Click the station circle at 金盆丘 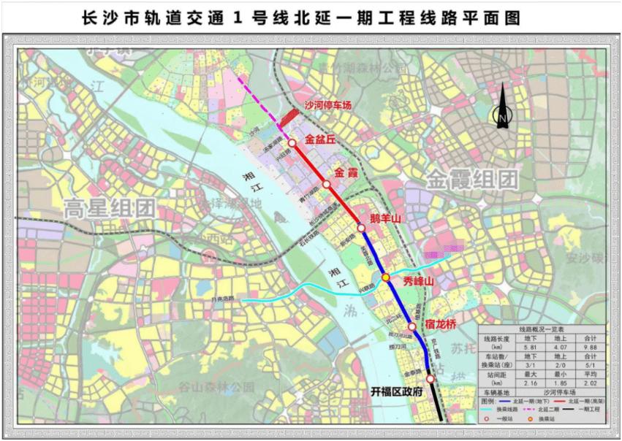pos(292,142)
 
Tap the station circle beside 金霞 pos(326,184)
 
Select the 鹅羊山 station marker pos(361,229)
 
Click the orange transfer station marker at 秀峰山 pos(385,277)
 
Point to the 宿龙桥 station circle pos(411,326)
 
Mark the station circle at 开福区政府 pos(431,378)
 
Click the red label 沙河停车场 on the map pos(328,105)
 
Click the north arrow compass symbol pos(503,107)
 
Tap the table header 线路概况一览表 pos(542,329)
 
